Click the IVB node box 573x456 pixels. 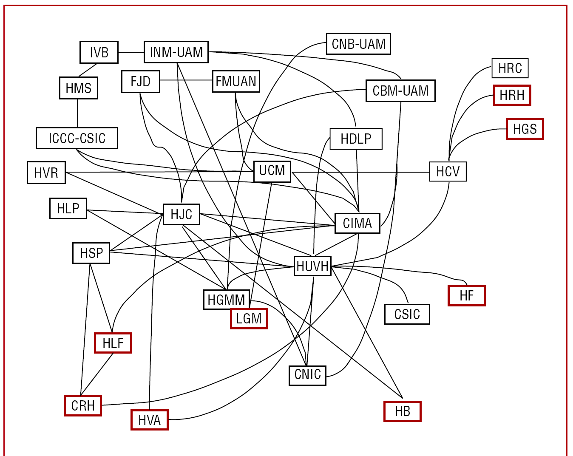pyautogui.click(x=99, y=52)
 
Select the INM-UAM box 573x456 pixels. pyautogui.click(x=176, y=52)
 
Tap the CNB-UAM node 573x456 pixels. pyautogui.click(x=358, y=44)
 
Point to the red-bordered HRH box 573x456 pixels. pyautogui.click(x=512, y=95)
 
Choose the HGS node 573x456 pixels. pyautogui.click(x=525, y=129)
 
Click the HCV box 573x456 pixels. pyautogui.click(x=448, y=171)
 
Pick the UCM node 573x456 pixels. pyautogui.click(x=272, y=171)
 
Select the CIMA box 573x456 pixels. pyautogui.click(x=357, y=223)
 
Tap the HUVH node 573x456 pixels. pyautogui.click(x=312, y=266)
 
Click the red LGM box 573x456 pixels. pyautogui.click(x=249, y=319)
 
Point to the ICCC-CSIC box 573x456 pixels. pyautogui.click(x=77, y=138)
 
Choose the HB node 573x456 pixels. pyautogui.click(x=402, y=411)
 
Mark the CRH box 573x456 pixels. pyautogui.click(x=83, y=405)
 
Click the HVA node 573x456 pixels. pyautogui.click(x=149, y=420)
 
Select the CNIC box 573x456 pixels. pyautogui.click(x=307, y=375)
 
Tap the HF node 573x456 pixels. pyautogui.click(x=466, y=295)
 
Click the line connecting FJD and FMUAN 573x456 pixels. pyautogui.click(x=186, y=80)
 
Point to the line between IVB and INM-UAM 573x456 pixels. pyautogui.click(x=131, y=52)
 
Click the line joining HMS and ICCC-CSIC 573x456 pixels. pyautogui.click(x=78, y=113)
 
